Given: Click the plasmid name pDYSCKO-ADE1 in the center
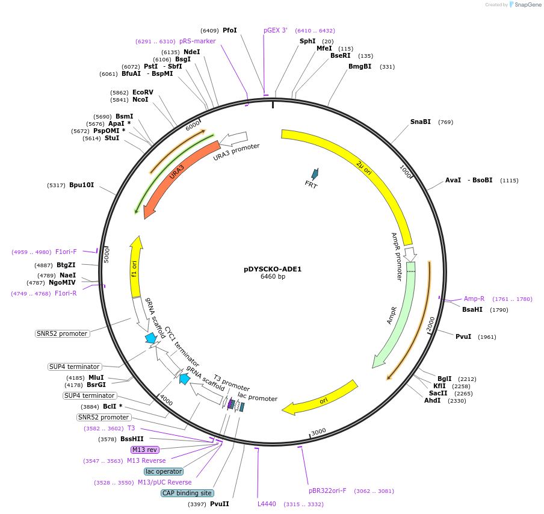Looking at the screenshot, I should click(x=273, y=269).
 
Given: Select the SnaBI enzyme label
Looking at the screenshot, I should click(x=420, y=122).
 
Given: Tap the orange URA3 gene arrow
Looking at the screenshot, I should click(x=175, y=175).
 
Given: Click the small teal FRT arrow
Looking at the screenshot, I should click(x=314, y=175).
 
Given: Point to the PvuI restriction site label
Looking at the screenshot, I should click(x=463, y=336).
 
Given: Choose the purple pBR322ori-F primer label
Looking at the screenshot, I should click(x=327, y=491).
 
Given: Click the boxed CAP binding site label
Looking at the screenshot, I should click(x=187, y=493).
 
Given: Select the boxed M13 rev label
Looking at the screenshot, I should click(x=144, y=450).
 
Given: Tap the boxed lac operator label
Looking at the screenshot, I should click(x=163, y=471).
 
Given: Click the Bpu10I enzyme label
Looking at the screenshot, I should click(x=81, y=185).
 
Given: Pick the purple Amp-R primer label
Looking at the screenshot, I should click(x=474, y=299).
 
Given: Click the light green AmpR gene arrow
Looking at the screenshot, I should click(x=394, y=313).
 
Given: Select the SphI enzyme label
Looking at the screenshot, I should click(x=308, y=41).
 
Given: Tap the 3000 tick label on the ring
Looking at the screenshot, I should click(x=318, y=431).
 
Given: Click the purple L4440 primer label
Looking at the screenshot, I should click(x=267, y=504).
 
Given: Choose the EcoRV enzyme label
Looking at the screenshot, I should click(x=143, y=92).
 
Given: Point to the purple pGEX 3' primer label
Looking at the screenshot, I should click(x=276, y=30).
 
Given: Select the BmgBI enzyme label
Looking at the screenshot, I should click(x=360, y=66).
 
